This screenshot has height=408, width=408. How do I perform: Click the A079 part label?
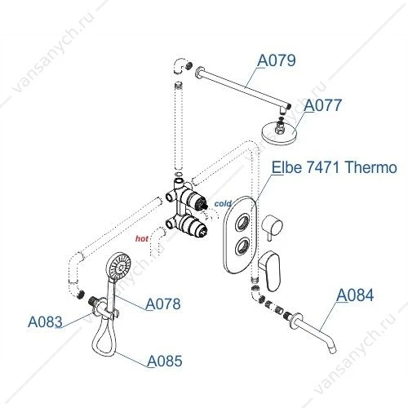click(x=277, y=60)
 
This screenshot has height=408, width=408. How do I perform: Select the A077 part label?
click(x=322, y=105)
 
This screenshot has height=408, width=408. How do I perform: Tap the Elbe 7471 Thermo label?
click(x=335, y=167)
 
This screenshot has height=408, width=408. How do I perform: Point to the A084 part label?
click(x=355, y=295)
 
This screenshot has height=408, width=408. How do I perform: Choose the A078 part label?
click(x=163, y=304)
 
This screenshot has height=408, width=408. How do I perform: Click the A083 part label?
click(x=45, y=322)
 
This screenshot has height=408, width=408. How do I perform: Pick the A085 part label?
click(x=165, y=361)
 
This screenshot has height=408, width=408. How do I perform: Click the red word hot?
click(x=142, y=239)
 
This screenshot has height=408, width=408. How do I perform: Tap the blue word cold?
click(x=223, y=203)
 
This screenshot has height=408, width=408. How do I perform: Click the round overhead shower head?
click(x=278, y=132)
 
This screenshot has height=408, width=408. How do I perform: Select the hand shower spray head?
click(x=119, y=267)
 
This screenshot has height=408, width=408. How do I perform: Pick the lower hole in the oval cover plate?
click(x=242, y=245)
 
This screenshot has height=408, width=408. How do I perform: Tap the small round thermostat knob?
click(x=272, y=224)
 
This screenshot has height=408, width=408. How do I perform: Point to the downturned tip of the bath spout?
click(x=334, y=350)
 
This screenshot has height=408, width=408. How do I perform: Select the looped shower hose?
click(x=104, y=339)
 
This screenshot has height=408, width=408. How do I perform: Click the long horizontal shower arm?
click(x=243, y=86)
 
